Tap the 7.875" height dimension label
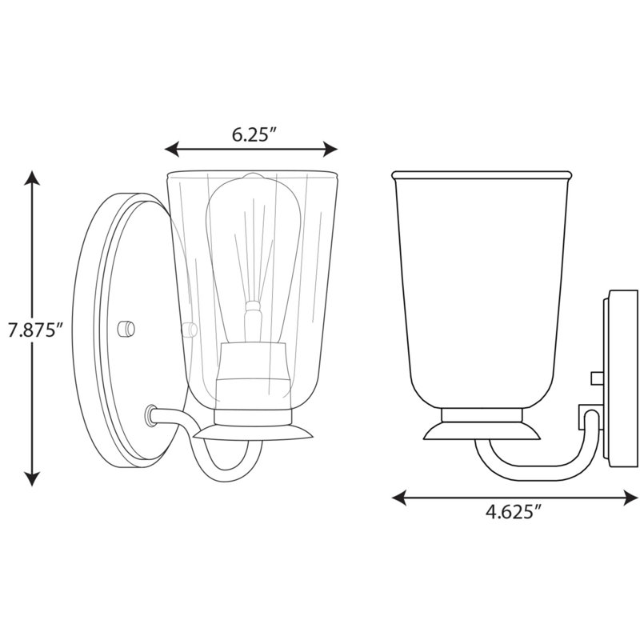point(37,330)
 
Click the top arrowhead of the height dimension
point(32,178)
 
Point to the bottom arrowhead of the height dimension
point(32,478)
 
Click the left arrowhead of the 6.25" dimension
point(171,149)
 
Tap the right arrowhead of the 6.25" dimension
point(330,149)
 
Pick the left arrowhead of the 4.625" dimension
point(398,498)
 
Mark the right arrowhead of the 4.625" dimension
point(630,498)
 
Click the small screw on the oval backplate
point(126,329)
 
